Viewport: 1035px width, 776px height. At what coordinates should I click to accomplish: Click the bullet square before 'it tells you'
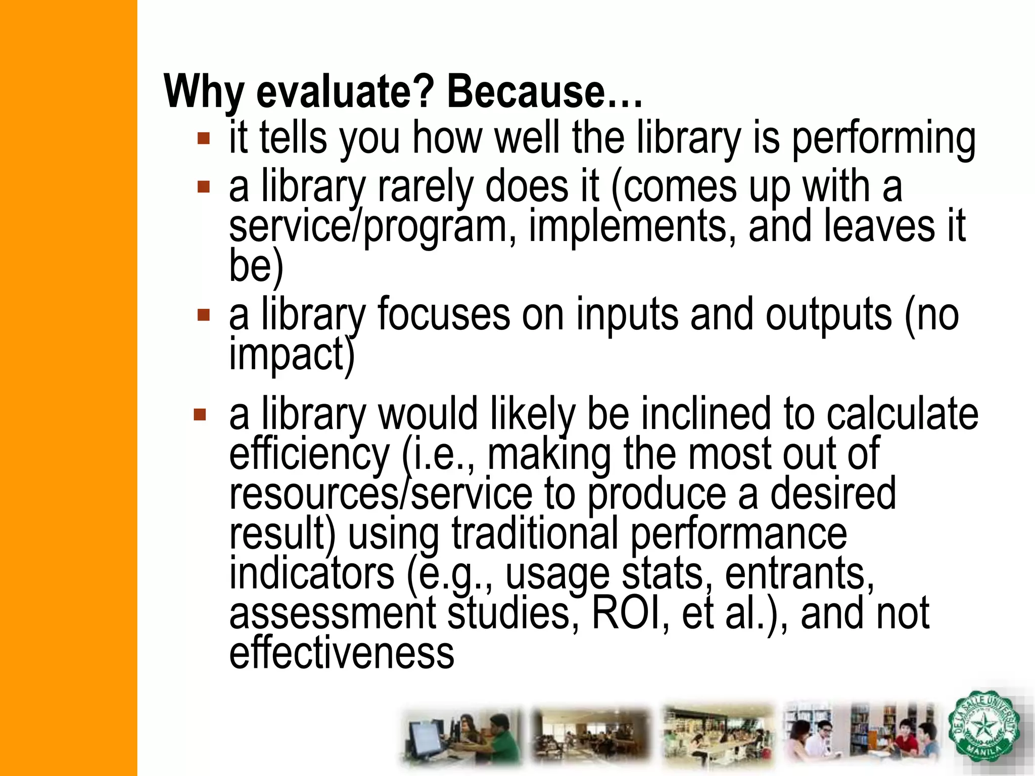pos(204,138)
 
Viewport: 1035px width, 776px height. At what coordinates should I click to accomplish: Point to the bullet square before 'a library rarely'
pos(204,187)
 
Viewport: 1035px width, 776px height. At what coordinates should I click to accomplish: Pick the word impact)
pos(292,355)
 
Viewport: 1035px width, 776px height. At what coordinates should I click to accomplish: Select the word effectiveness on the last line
pos(342,653)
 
